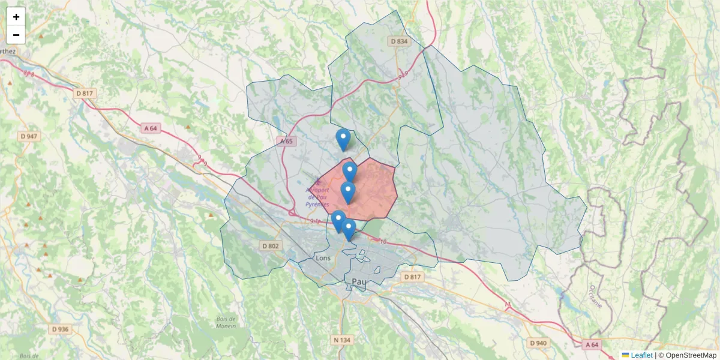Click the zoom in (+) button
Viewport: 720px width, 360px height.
16,17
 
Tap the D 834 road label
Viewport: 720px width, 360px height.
398,41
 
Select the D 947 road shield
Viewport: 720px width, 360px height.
28,136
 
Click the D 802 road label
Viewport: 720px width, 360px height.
271,245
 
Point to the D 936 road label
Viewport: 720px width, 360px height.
61,329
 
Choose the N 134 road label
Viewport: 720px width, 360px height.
342,340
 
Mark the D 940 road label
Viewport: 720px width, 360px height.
539,343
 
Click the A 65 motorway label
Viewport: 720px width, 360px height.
286,141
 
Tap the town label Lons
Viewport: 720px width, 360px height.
323,258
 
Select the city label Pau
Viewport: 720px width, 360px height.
359,281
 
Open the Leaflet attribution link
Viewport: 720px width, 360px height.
641,355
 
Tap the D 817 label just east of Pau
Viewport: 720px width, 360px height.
413,277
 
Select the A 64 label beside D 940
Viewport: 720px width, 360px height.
592,344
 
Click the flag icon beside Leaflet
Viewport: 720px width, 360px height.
626,355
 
